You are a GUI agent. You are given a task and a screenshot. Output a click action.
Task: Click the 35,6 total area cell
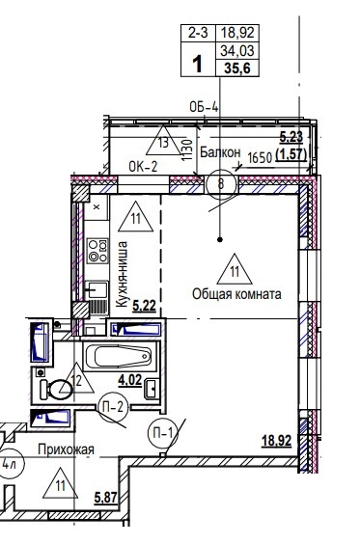pyautogui.click(x=237, y=68)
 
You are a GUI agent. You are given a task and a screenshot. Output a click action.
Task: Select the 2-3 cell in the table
pyautogui.click(x=198, y=33)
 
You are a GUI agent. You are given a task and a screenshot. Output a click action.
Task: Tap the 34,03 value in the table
pyautogui.click(x=237, y=51)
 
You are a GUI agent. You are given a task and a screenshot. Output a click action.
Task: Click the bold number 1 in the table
pyautogui.click(x=198, y=65)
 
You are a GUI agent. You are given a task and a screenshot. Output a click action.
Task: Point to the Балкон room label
pyautogui.click(x=220, y=152)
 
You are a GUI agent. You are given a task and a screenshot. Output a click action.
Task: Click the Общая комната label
pyautogui.click(x=236, y=294)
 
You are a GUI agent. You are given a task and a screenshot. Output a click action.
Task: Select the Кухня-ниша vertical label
pyautogui.click(x=122, y=274)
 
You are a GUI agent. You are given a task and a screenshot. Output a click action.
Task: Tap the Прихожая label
pyautogui.click(x=66, y=449)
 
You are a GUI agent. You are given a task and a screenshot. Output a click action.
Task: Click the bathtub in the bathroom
pyautogui.click(x=121, y=356)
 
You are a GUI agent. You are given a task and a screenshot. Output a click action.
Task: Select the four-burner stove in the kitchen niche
pyautogui.click(x=97, y=250)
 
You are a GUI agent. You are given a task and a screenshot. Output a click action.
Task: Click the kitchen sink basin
pyautogui.click(x=97, y=289)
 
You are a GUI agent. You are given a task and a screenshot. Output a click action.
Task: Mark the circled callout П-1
pyautogui.click(x=163, y=433)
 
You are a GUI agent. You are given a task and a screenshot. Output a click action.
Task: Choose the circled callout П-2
pyautogui.click(x=113, y=408)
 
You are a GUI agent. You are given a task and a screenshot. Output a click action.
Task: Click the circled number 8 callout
pyautogui.click(x=221, y=184)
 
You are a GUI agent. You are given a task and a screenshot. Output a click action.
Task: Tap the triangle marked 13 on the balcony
pyautogui.click(x=163, y=140)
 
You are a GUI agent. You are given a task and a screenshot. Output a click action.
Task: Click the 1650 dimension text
pyautogui.click(x=260, y=158)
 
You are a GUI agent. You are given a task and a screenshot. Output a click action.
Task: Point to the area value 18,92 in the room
pyautogui.click(x=277, y=441)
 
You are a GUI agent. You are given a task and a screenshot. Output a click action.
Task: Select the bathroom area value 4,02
pyautogui.click(x=130, y=380)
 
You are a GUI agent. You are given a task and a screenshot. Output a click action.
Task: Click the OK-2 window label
pyautogui.click(x=143, y=167)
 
